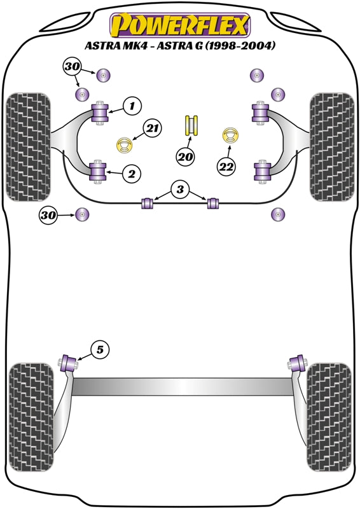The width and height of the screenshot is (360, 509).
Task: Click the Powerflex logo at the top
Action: [179, 25]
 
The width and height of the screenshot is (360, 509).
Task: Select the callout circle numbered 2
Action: [132, 172]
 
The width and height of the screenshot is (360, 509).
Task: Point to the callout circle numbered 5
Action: [100, 348]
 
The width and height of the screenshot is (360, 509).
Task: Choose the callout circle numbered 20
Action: [186, 157]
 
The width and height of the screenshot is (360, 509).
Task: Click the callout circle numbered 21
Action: [150, 129]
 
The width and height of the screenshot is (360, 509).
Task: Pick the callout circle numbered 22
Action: [226, 167]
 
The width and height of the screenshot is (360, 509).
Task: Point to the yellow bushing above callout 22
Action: [229, 137]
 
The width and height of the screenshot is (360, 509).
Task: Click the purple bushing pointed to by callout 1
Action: [100, 113]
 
